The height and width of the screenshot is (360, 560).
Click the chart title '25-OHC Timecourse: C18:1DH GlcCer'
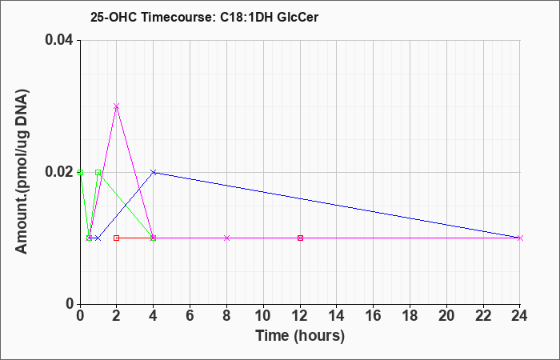(x=204, y=17)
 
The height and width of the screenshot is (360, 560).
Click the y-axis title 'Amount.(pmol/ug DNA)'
(x=22, y=172)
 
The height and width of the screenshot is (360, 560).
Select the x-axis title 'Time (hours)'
(x=300, y=336)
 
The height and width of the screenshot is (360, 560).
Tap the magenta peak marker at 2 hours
(x=116, y=106)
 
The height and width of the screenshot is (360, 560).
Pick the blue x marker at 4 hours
(x=154, y=172)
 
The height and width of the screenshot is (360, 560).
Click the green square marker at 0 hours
(x=80, y=172)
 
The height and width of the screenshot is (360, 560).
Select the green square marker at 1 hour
(x=98, y=172)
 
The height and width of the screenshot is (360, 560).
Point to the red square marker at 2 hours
(x=116, y=238)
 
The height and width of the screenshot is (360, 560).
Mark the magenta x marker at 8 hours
(x=226, y=238)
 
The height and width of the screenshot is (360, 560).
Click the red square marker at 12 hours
(x=300, y=238)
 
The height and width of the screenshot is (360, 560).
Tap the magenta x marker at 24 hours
(x=520, y=238)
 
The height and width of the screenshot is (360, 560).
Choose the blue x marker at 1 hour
(x=98, y=238)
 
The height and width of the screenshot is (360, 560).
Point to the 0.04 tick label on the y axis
(x=58, y=40)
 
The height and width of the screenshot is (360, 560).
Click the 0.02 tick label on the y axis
(x=58, y=172)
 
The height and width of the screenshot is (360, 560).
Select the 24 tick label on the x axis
(x=520, y=316)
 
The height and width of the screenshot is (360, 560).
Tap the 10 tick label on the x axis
(x=263, y=316)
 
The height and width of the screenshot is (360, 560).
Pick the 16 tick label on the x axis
(x=374, y=316)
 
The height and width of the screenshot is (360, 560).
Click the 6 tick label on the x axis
(x=190, y=316)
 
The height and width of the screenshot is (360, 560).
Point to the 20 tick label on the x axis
(x=446, y=316)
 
